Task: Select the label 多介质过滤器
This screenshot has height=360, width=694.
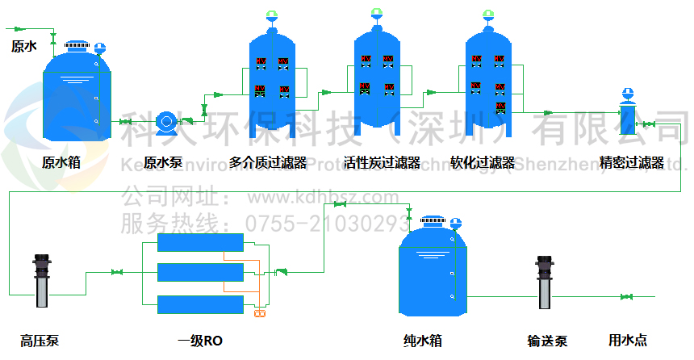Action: tap(268, 162)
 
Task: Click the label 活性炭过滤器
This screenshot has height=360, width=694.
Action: tap(382, 162)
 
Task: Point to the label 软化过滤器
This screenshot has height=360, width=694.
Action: tap(483, 162)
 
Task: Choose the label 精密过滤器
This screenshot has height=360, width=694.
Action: tap(631, 162)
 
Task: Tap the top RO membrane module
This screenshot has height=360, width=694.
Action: tap(200, 243)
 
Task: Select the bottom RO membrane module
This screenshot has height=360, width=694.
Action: tap(200, 304)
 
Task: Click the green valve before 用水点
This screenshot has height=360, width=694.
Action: tap(626, 297)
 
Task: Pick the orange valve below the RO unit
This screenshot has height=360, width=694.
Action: tap(259, 313)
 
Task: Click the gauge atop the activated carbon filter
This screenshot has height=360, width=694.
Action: tap(377, 14)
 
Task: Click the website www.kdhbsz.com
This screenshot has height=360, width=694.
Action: tap(322, 198)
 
